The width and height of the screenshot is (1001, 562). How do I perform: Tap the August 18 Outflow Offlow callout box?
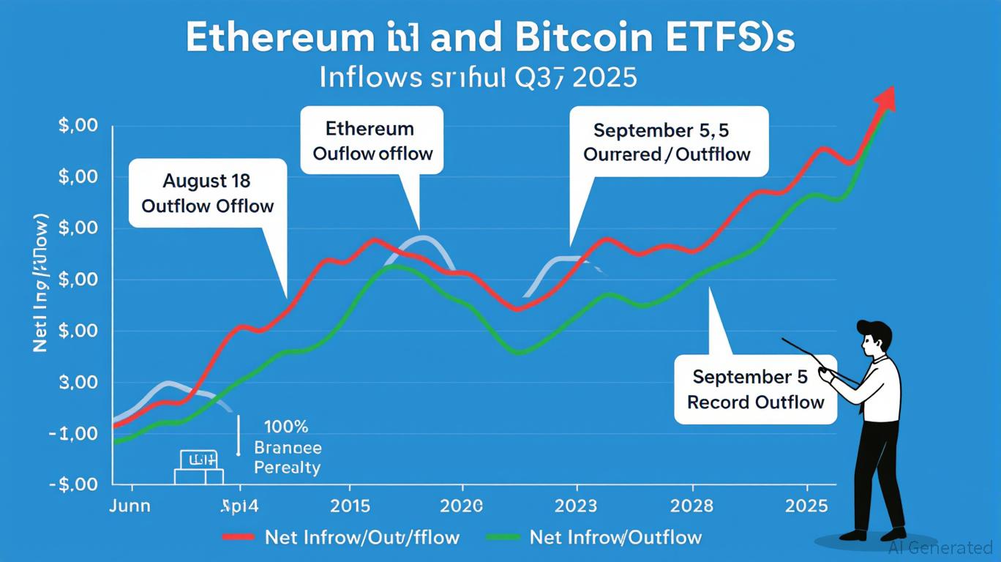[x=207, y=192]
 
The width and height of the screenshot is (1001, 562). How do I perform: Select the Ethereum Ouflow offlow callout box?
[x=372, y=140]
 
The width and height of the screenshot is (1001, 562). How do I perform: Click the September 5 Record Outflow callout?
[x=755, y=389]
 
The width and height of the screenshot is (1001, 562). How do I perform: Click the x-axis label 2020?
[x=462, y=506]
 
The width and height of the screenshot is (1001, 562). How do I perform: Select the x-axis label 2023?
[x=576, y=506]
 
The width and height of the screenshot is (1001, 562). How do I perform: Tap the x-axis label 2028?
[x=691, y=506]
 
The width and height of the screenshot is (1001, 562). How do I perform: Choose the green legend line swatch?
[x=505, y=538]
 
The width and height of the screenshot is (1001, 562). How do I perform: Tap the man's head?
[x=876, y=339]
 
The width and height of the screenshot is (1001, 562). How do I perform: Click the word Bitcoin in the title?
[x=569, y=39]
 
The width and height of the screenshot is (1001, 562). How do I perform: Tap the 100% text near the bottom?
[x=285, y=426]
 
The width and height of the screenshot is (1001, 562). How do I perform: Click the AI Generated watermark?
[x=940, y=547]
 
